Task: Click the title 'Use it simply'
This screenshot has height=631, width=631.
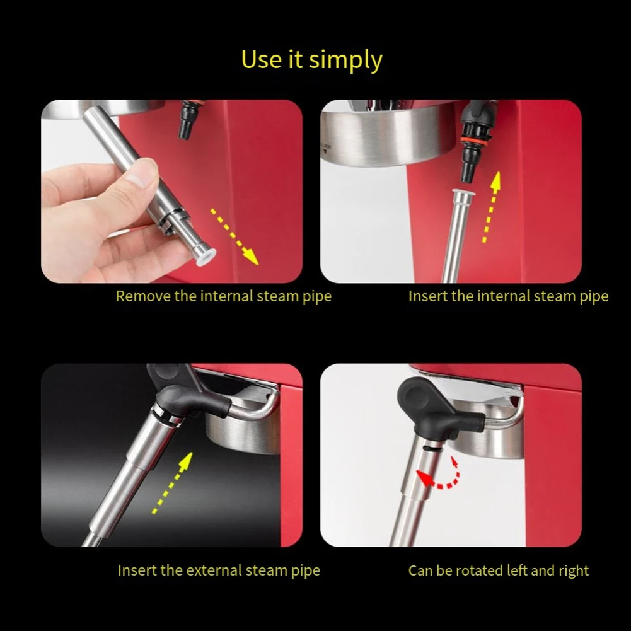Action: point(311,60)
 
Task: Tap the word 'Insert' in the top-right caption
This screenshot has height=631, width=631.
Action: point(428,296)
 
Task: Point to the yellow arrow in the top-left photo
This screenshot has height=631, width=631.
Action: point(234,236)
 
